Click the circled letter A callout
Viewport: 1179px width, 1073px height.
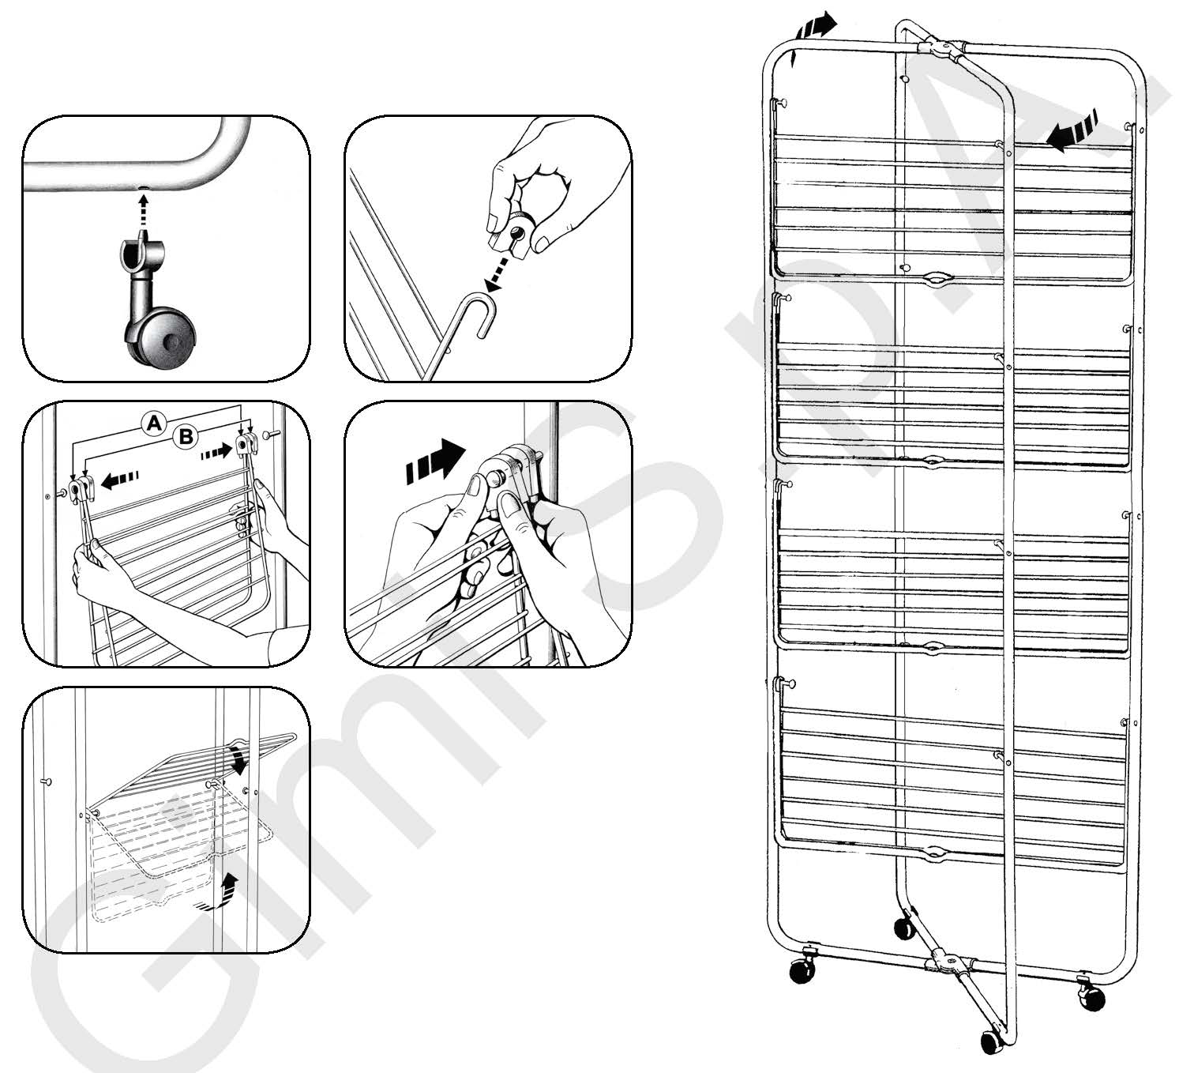pyautogui.click(x=154, y=424)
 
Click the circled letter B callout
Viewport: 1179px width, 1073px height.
pyautogui.click(x=186, y=437)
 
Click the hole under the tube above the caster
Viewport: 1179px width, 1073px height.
pyautogui.click(x=143, y=188)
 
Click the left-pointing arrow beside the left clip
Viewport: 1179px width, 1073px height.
pyautogui.click(x=120, y=480)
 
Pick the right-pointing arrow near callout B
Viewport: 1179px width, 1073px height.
pyautogui.click(x=216, y=452)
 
